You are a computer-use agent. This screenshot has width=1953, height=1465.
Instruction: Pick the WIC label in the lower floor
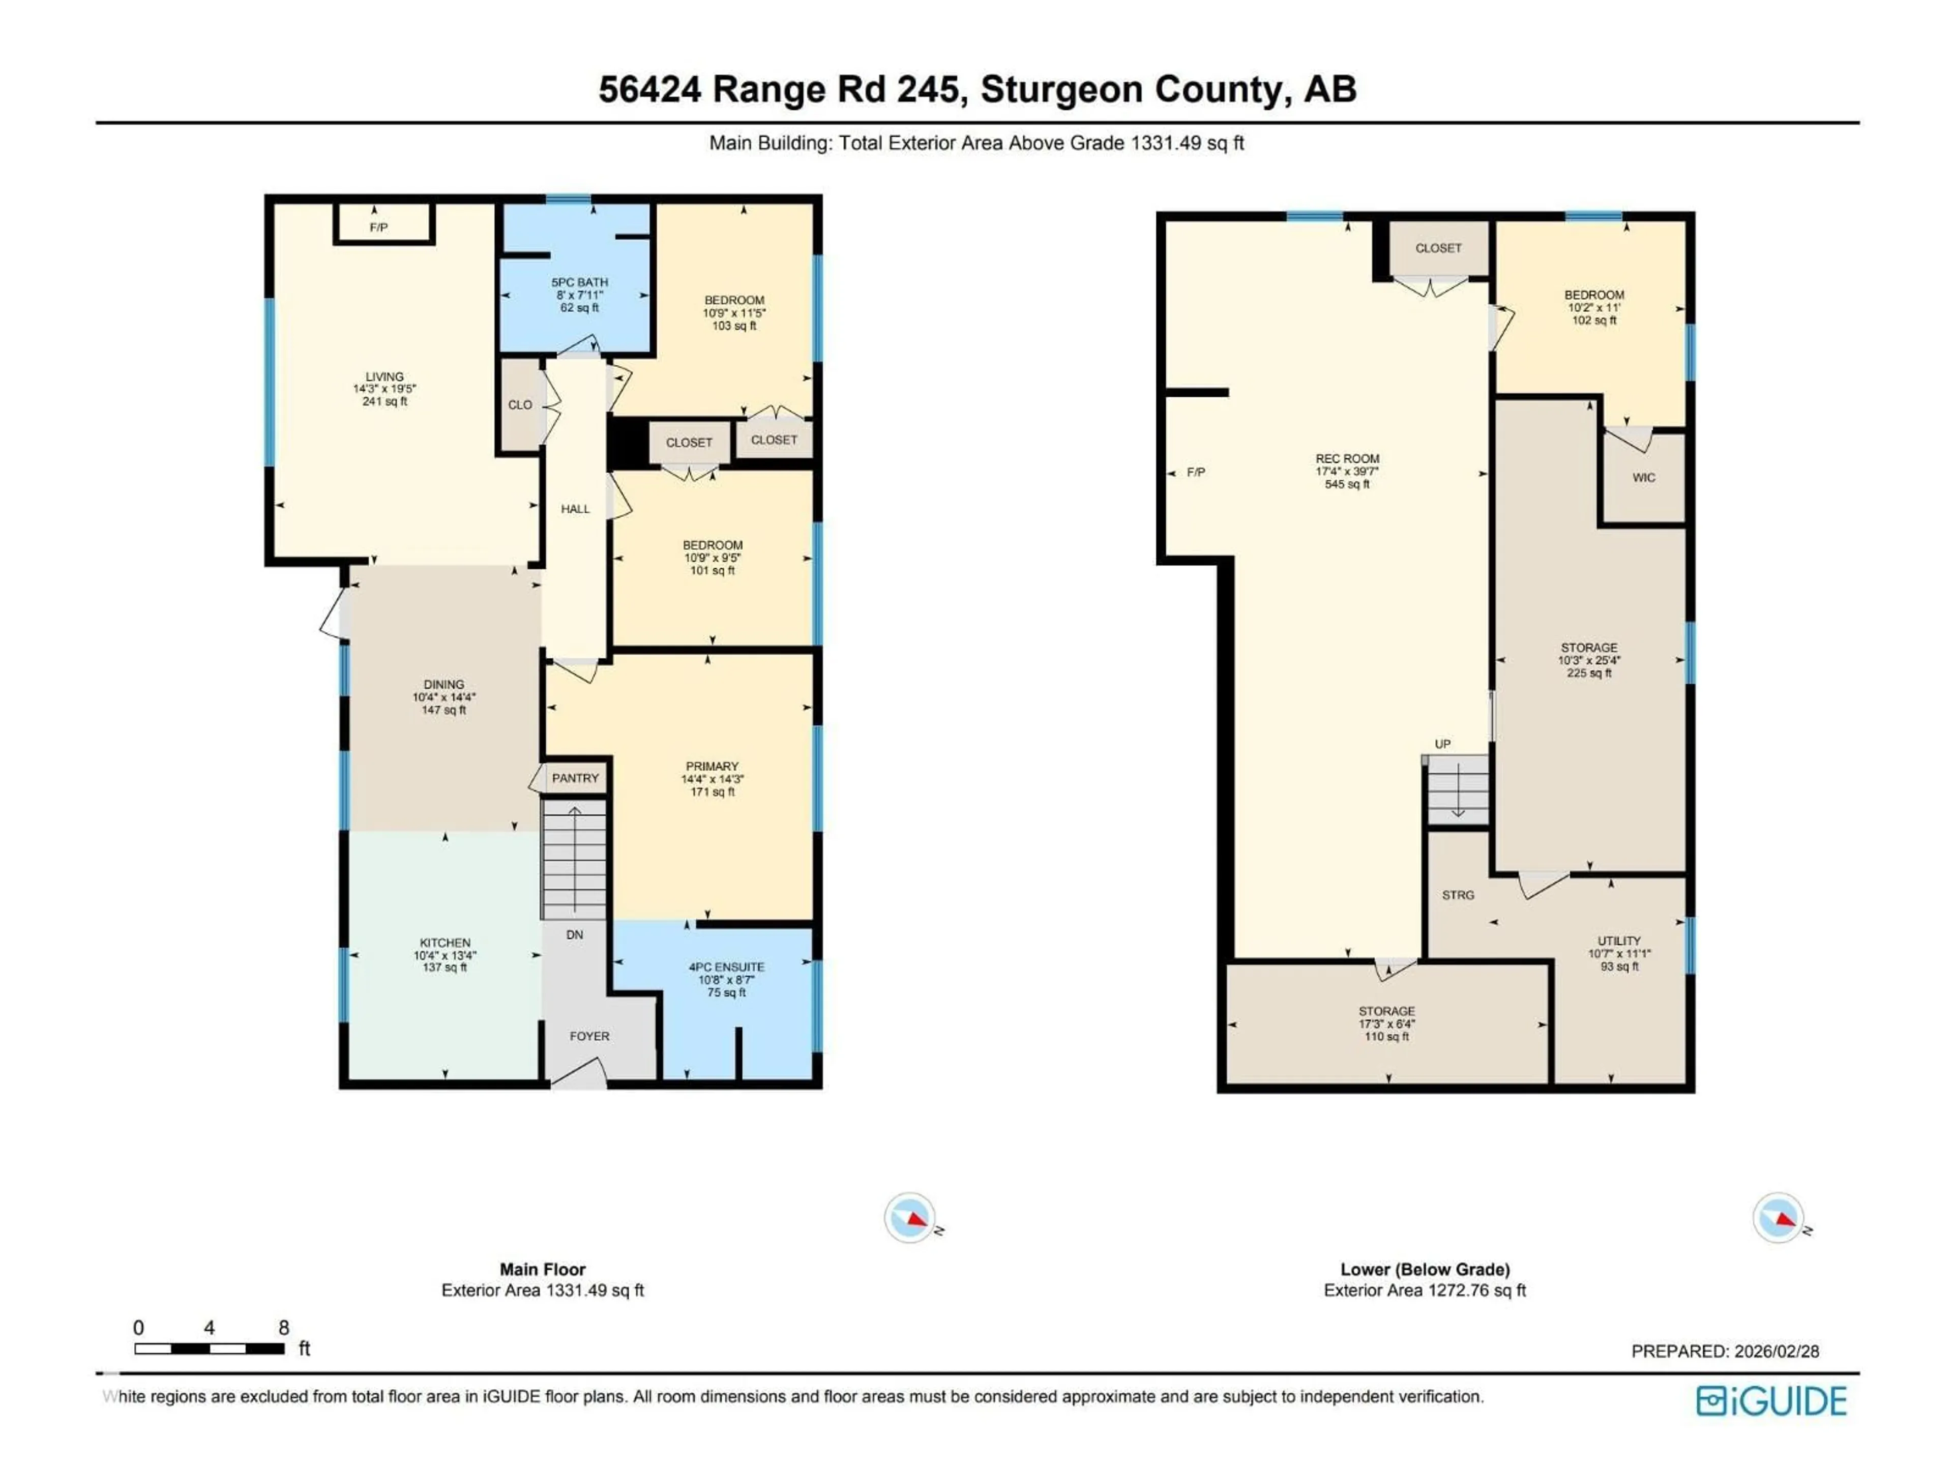[x=1643, y=478]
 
